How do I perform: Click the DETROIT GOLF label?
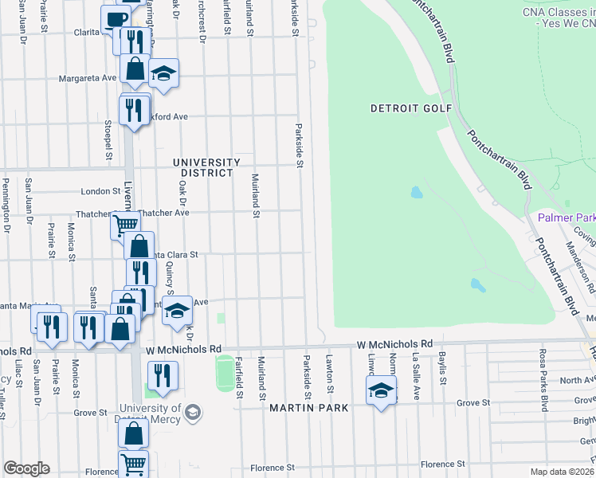coord(411,108)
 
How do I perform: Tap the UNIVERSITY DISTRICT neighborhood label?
coord(206,167)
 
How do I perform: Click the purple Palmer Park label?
coord(567,217)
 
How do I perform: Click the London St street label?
coord(100,191)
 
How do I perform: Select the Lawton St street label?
coord(328,373)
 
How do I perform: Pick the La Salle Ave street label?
coord(415,374)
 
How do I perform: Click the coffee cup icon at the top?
coord(116,19)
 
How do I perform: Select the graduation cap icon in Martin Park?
coord(381,391)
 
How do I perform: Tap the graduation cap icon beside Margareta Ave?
coord(163,72)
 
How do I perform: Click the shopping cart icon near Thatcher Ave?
coord(125,225)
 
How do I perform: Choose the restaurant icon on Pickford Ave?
coord(134,108)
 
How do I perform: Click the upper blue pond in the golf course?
coord(416,193)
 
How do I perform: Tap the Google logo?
coord(26,468)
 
